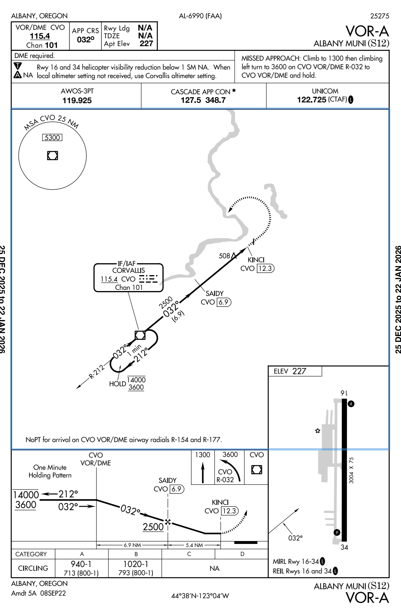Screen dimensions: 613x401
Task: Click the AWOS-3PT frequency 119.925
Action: [77, 101]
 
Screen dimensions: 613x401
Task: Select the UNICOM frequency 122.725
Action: [312, 100]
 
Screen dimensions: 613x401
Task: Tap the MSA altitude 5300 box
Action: [52, 138]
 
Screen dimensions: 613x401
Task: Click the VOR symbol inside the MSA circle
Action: [53, 155]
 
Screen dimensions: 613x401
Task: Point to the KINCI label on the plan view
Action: [256, 260]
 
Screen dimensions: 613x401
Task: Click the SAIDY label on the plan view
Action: [214, 293]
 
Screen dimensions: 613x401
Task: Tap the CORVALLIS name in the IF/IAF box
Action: [128, 271]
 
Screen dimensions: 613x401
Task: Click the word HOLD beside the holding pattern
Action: [117, 384]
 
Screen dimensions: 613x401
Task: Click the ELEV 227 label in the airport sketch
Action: [290, 371]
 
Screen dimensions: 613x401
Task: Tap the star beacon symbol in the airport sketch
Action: [318, 431]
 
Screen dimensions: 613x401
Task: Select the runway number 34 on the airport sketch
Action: [344, 547]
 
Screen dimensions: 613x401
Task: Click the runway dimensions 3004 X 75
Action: [351, 471]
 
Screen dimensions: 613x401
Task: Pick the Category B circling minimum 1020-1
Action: [136, 564]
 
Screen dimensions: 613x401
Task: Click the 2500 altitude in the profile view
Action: [153, 527]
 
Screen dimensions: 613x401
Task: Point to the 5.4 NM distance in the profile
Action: [194, 545]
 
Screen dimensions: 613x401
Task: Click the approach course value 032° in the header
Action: [86, 40]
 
